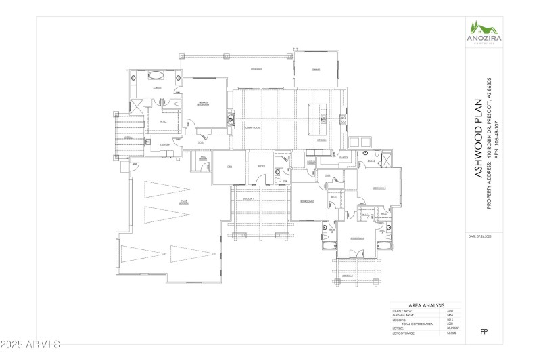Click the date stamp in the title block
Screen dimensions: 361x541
point(481,236)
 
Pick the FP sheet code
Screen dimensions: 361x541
point(484,332)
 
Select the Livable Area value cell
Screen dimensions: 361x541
point(449,311)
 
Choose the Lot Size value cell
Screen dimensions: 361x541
point(450,329)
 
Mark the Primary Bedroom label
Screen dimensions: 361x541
point(203,104)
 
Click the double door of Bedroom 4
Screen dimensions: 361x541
point(351,253)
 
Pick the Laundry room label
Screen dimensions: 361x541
point(164,145)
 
